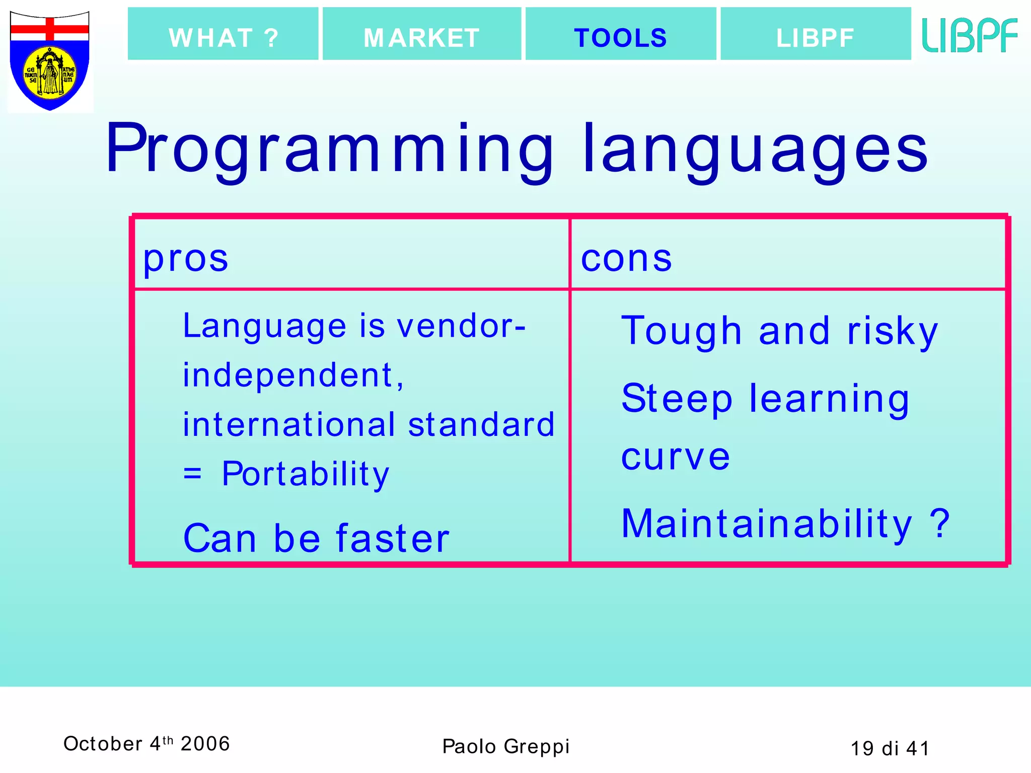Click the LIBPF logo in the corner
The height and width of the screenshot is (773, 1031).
point(970,35)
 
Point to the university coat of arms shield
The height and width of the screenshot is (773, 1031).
point(50,60)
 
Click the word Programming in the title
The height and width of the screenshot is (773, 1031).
point(330,149)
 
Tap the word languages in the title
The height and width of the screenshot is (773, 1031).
point(755,149)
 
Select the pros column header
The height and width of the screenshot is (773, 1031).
point(186,259)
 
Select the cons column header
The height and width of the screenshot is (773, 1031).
point(626,259)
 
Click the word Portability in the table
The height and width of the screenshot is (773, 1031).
point(306,474)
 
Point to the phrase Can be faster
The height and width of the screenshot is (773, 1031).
point(316,538)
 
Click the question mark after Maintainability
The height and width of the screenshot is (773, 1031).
point(939,523)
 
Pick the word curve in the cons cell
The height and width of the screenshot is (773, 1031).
point(675,457)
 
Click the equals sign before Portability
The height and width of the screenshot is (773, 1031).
point(192,474)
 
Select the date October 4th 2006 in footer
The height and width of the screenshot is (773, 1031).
point(146,743)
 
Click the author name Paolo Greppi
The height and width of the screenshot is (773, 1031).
point(505,746)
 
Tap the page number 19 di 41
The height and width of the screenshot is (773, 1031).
point(890,748)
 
